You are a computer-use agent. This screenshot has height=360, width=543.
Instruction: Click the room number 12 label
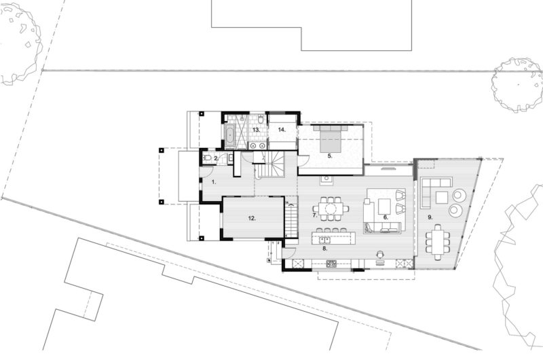[252, 218]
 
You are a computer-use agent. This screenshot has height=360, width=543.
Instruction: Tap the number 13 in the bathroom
[256, 130]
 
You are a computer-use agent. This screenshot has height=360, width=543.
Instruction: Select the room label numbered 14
[282, 130]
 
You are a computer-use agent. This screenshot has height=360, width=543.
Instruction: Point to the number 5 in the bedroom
[330, 156]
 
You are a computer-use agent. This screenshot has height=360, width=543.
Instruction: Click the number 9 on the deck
[430, 217]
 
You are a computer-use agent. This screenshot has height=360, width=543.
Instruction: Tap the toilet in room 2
[207, 158]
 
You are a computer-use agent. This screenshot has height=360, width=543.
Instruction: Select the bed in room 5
[330, 139]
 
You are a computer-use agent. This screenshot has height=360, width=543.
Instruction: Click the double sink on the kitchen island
[324, 239]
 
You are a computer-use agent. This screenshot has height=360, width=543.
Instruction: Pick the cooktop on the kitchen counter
[331, 264]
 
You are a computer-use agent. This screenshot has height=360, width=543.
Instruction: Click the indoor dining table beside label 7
[331, 209]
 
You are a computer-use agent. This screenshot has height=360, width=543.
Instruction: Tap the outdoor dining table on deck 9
[438, 242]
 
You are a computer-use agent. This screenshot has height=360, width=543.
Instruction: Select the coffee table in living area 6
[384, 206]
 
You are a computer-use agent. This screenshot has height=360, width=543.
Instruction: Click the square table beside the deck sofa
[442, 198]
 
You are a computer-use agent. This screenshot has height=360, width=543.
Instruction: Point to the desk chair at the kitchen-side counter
[381, 255]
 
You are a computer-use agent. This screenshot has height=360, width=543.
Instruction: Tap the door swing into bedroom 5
[303, 161]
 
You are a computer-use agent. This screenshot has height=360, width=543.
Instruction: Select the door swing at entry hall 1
[207, 172]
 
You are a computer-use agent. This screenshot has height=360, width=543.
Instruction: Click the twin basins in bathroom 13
[258, 145]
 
